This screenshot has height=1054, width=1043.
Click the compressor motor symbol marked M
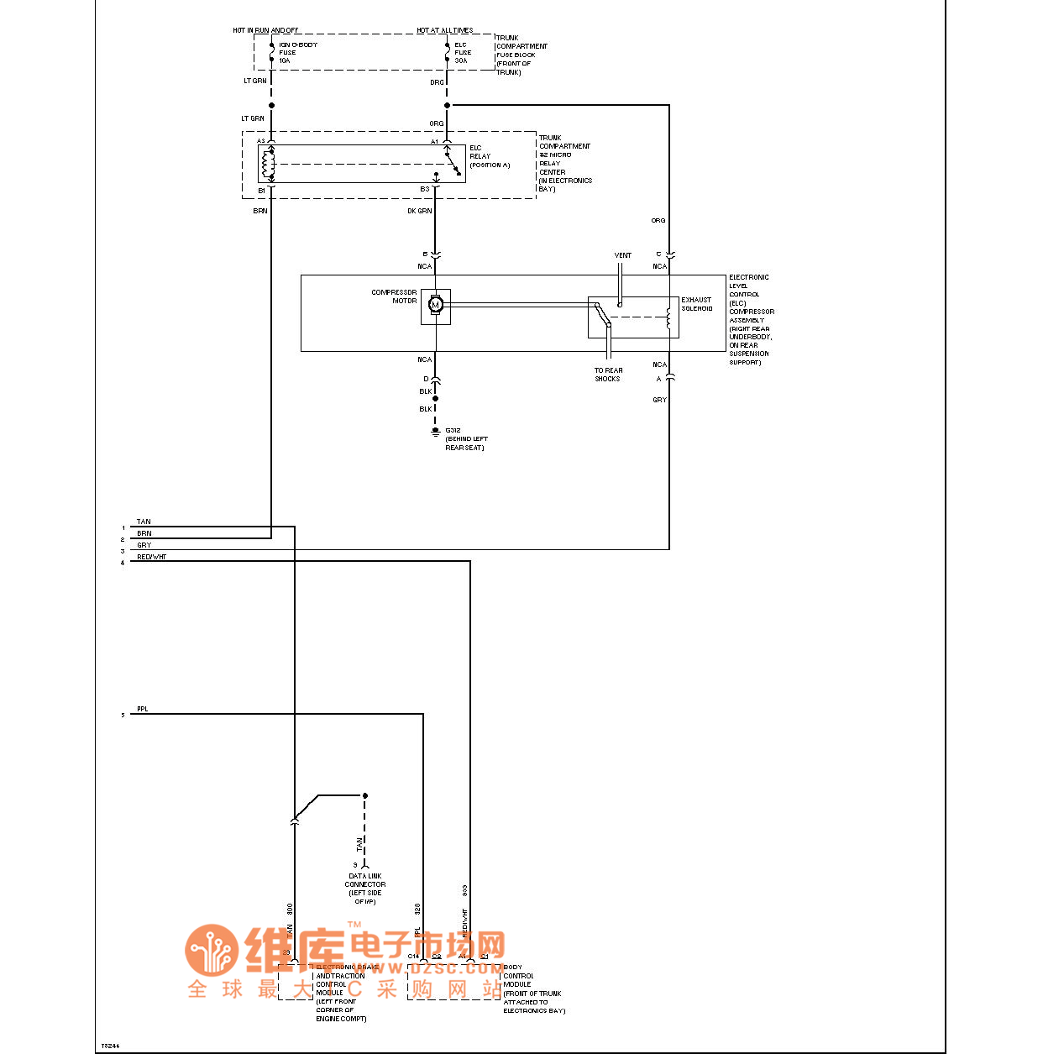435,305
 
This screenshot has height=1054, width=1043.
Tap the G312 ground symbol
435,432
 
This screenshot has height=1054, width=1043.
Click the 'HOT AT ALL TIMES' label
444,30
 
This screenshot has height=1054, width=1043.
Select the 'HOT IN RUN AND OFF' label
265,30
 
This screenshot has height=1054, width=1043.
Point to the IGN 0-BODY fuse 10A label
297,53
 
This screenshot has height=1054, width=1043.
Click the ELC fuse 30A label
463,53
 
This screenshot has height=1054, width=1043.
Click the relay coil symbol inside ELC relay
269,165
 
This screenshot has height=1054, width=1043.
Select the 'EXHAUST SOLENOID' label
696,304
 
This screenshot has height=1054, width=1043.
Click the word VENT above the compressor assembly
622,255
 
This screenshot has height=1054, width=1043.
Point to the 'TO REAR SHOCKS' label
608,375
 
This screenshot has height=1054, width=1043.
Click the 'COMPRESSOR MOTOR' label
394,296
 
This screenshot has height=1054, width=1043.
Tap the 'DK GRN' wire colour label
419,211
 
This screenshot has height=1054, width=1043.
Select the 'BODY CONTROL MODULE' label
518,976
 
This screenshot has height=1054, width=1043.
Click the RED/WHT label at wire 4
152,557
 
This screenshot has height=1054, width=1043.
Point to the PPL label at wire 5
143,709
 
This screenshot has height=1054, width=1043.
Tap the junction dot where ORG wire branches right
447,105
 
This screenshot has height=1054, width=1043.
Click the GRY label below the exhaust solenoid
659,400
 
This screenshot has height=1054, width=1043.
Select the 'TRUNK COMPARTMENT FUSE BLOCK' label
521,55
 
